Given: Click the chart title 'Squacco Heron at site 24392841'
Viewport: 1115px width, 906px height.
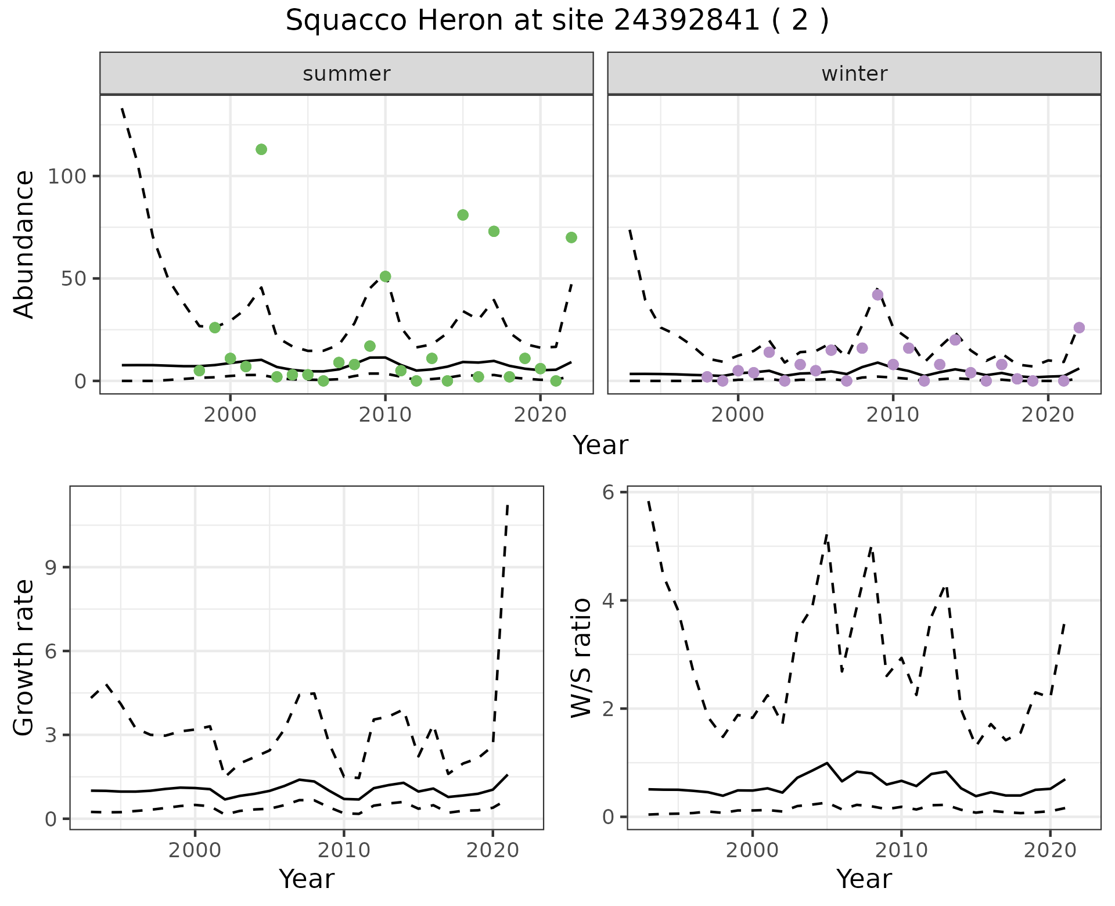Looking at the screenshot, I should coord(556,21).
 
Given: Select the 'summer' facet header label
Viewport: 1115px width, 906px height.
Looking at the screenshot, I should coord(346,74).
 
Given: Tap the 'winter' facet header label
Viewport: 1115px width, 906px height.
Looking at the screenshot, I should coord(854,74).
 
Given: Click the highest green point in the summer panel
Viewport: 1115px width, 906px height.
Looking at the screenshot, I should coord(261,149).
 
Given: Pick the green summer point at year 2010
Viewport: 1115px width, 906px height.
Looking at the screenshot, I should coord(385,276).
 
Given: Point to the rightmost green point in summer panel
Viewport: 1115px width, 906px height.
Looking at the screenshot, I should coord(571,238).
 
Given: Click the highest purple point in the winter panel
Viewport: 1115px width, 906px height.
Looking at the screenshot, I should coord(877,294).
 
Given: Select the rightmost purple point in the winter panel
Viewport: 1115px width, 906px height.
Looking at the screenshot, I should coord(1079,328).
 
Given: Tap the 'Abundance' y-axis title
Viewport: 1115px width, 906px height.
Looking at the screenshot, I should coord(24,245).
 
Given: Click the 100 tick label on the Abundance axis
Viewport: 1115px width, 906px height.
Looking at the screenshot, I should coord(66,176).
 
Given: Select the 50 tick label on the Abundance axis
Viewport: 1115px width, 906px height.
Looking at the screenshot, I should coord(74,279).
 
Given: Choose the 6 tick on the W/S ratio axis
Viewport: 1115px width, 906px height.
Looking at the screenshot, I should coord(608,492).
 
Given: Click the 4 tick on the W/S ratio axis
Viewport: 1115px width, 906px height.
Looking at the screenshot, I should coord(608,601).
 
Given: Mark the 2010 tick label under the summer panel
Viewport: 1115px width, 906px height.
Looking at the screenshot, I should coord(385,415).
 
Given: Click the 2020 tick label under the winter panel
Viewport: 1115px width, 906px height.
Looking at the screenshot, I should coord(1048,415).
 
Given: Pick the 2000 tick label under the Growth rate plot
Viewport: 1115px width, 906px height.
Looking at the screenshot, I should coord(195,851).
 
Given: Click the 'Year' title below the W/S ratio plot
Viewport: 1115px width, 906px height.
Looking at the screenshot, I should coord(864,879).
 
